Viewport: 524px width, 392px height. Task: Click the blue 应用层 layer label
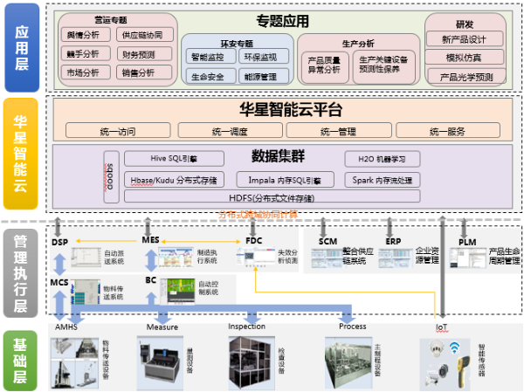click(21, 47)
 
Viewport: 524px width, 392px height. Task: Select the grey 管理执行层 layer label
click(21, 272)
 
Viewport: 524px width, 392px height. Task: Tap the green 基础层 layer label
click(21, 358)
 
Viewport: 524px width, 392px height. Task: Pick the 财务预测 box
click(134, 54)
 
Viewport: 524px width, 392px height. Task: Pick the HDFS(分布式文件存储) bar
click(271, 198)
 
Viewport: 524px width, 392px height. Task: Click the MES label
click(150, 240)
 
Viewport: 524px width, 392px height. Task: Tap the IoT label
click(442, 327)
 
